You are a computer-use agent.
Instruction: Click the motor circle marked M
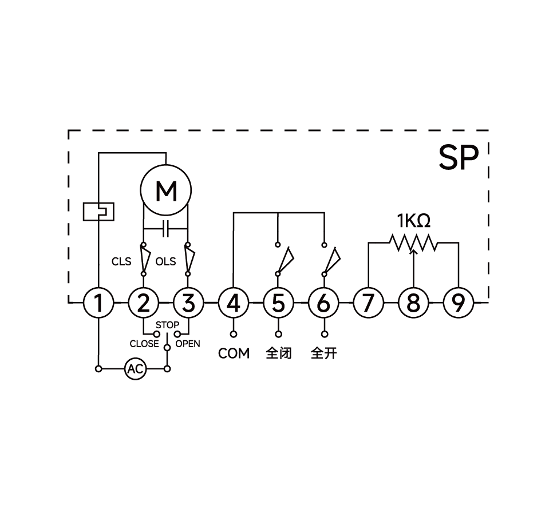166,190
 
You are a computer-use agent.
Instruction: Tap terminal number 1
98,303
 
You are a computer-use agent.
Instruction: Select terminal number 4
234,303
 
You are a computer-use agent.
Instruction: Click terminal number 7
368,303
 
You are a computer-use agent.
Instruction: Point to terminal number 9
459,303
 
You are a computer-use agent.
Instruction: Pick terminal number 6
323,303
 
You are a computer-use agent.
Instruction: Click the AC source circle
135,369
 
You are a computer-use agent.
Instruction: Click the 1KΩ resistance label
413,220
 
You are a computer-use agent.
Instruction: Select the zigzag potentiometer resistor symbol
413,242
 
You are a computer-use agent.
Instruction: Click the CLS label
121,262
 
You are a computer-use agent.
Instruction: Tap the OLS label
165,262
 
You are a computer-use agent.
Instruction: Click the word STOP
167,325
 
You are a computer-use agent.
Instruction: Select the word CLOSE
144,344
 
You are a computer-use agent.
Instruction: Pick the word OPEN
188,344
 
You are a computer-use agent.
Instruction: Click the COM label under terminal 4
234,353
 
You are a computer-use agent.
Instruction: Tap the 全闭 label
279,353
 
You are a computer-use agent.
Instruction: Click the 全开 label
323,353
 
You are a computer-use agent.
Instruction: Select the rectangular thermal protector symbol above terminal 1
98,212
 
